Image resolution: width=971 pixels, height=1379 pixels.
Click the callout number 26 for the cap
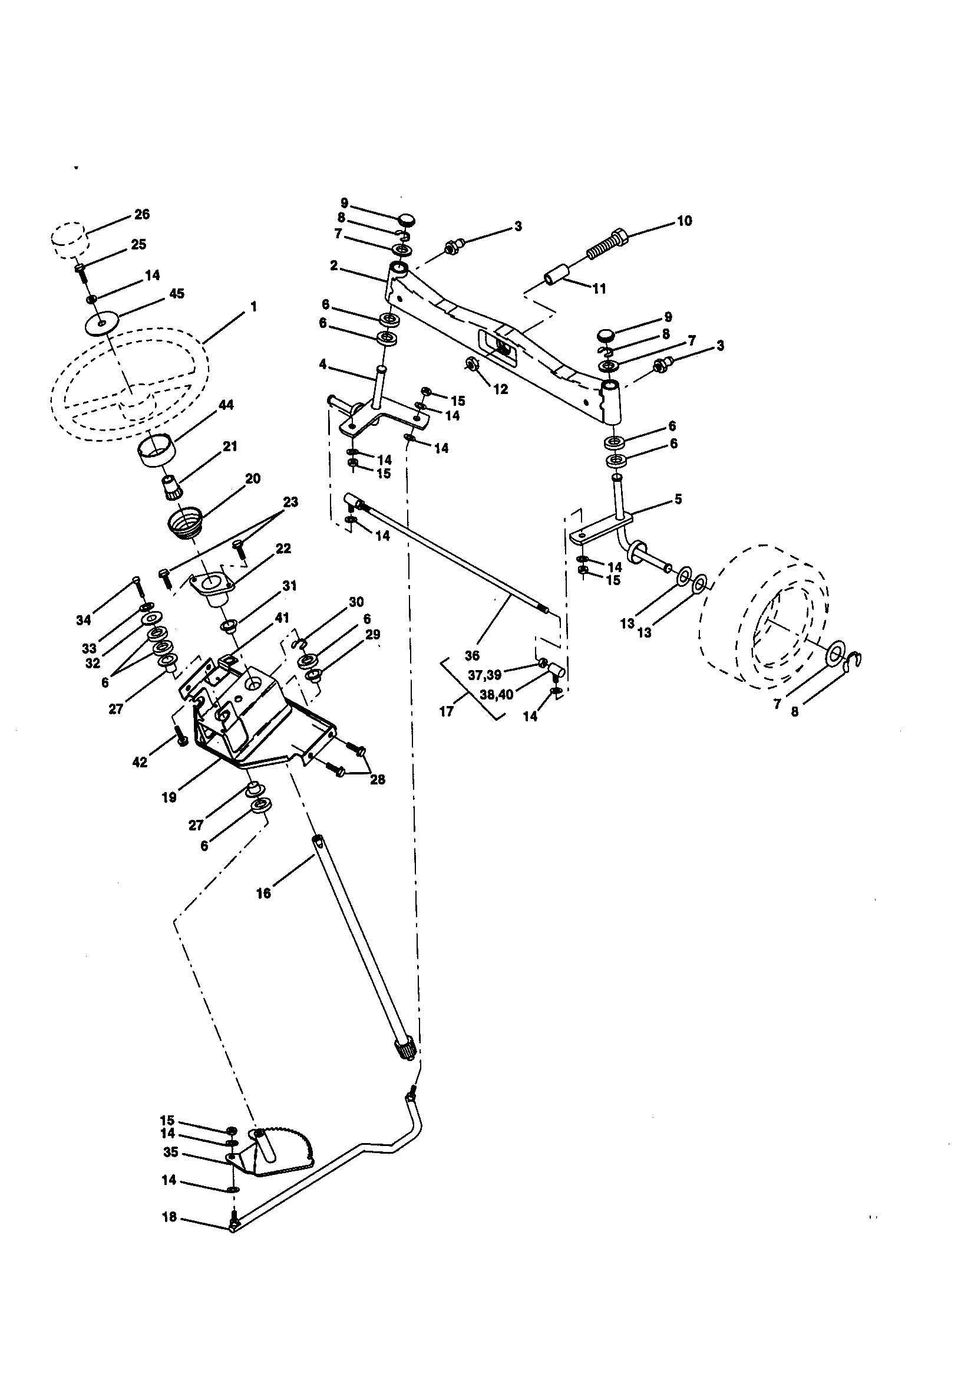tap(141, 215)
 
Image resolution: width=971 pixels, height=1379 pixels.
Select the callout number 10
tap(684, 221)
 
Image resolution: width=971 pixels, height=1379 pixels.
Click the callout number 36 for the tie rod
tap(473, 655)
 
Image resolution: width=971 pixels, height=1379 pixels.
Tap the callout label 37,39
tap(484, 676)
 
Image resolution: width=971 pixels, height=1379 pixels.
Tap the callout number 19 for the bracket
tap(169, 797)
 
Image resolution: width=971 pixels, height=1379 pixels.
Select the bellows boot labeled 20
tap(184, 519)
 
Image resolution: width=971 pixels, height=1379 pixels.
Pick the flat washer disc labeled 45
tap(101, 324)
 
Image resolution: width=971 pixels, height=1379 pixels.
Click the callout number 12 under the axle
tap(500, 389)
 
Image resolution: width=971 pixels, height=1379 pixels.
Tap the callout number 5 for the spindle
tap(678, 499)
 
